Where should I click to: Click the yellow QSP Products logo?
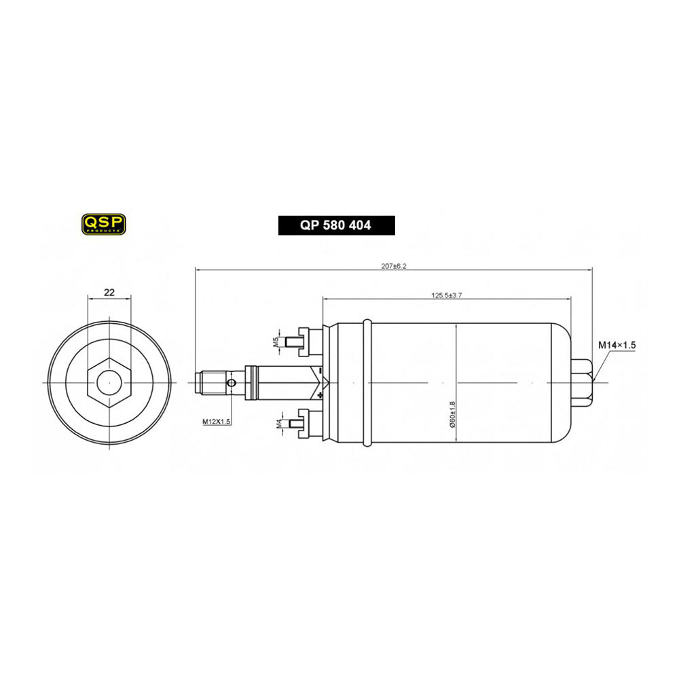103,224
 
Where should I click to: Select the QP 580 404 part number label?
336,225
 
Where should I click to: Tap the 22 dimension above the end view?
109,293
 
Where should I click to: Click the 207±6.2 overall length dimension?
393,266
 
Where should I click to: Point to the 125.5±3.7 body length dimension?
446,295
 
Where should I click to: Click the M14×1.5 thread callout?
617,346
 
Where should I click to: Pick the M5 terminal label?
276,341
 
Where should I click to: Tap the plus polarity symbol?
320,394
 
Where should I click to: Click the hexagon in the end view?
109,382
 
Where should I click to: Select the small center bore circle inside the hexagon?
109,382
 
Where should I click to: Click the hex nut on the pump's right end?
584,382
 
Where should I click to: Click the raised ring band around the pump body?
367,382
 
